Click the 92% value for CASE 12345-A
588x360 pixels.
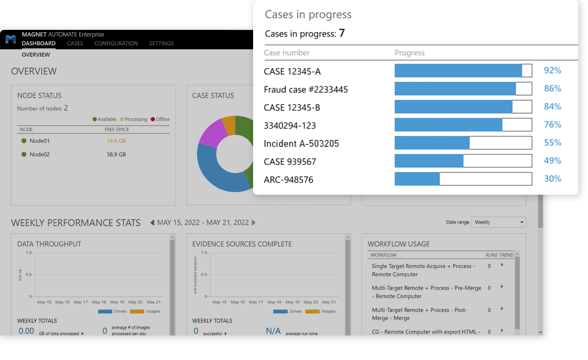[x=552, y=70]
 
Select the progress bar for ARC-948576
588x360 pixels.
[x=463, y=179]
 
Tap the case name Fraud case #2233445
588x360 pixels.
[x=305, y=90]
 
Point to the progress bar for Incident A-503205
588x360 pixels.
[x=463, y=143]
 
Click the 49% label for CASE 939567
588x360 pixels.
[x=552, y=161]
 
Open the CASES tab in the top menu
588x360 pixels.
[x=75, y=43]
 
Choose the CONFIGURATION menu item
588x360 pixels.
[x=116, y=43]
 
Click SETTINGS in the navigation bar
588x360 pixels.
[x=161, y=43]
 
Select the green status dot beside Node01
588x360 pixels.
[x=24, y=141]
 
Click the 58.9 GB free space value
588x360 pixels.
[x=116, y=155]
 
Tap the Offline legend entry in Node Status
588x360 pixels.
[x=160, y=119]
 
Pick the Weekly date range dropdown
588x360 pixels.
[x=498, y=222]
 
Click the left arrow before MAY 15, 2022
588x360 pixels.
[x=152, y=223]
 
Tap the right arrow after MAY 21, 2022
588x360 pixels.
[x=254, y=223]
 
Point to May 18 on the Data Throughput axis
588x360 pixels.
[x=99, y=302]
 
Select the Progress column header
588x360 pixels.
[x=409, y=53]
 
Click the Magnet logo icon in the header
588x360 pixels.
[x=11, y=39]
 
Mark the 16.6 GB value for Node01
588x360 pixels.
[x=116, y=141]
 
